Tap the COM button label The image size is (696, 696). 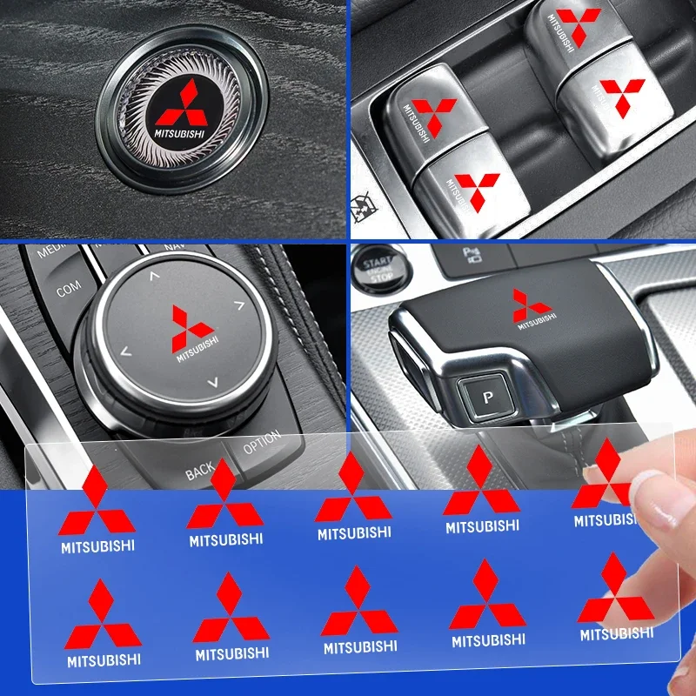pos(69,289)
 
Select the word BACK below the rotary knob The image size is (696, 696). pos(200,471)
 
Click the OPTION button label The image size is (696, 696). pos(261,443)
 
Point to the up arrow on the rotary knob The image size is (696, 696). pos(155,277)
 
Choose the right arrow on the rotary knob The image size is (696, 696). pos(237,305)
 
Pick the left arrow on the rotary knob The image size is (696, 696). pos(125,352)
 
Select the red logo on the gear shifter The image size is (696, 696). pos(531,305)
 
